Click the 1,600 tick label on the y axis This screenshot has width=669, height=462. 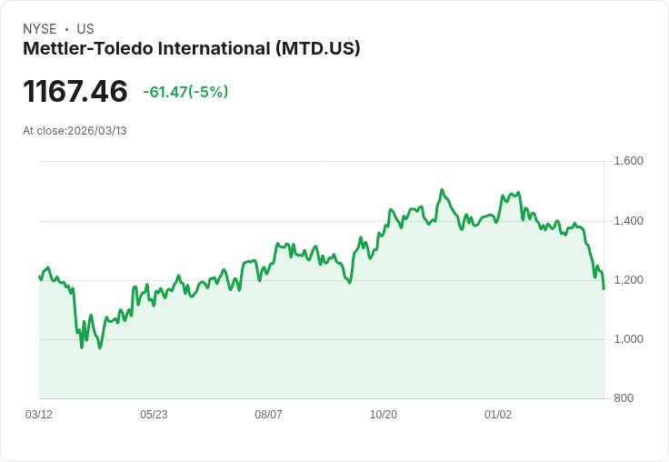click(629, 162)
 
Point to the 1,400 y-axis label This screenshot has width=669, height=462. click(629, 221)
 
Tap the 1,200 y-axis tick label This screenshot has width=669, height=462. click(629, 280)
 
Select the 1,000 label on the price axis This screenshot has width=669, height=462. click(629, 339)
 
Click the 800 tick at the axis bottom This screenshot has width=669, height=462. click(624, 398)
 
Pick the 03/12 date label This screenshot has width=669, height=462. click(39, 415)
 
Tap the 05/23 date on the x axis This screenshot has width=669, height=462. click(154, 415)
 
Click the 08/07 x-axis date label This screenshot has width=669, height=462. click(268, 415)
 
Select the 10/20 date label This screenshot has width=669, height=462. click(384, 415)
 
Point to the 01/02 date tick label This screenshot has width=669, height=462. click(498, 415)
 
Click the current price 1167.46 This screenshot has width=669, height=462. click(75, 92)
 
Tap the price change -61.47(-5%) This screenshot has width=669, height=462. click(185, 92)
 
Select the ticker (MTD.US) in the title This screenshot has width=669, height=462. click(317, 48)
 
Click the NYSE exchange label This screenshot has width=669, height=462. click(39, 29)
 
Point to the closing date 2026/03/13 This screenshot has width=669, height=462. click(97, 131)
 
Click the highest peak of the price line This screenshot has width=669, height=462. click(442, 190)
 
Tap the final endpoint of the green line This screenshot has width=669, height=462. click(604, 288)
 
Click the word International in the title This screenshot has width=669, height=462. click(215, 48)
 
